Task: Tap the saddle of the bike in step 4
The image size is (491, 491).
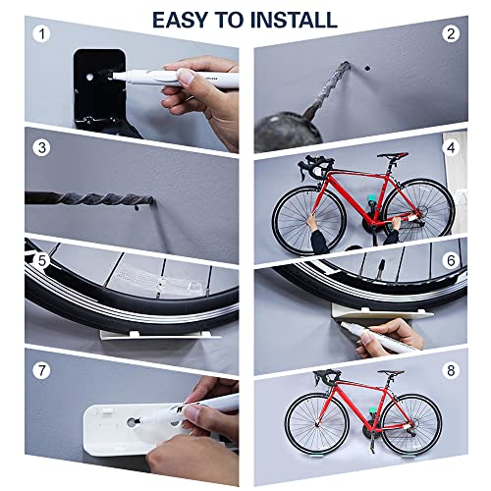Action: pos(390,155)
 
